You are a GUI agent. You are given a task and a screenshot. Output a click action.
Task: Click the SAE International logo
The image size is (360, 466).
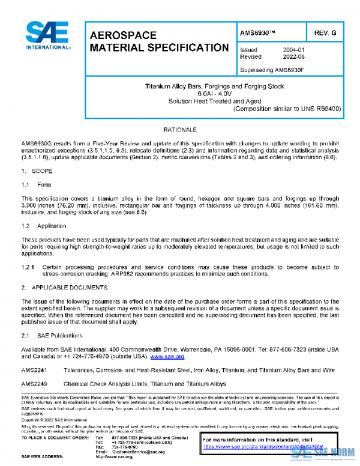[47, 37]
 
